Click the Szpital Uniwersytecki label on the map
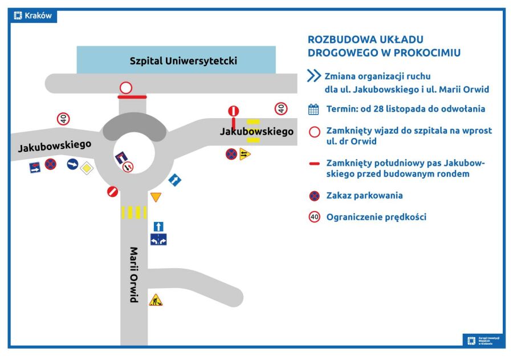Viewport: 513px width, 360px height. coord(183,60)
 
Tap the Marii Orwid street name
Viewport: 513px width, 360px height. coord(135,274)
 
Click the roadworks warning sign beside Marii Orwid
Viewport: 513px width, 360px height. coord(156,300)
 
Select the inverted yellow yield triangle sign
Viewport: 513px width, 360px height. coord(156,197)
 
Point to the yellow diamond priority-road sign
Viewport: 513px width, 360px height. coord(86,168)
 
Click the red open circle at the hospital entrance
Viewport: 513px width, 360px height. coord(126,88)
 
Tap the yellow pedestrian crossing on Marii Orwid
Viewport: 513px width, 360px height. coord(134,212)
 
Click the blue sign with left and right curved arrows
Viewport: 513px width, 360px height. coord(158,240)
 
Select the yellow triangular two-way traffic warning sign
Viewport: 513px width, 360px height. coord(245,154)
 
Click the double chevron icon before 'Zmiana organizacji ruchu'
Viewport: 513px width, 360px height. coord(314,76)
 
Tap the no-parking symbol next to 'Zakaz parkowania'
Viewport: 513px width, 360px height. coord(314,196)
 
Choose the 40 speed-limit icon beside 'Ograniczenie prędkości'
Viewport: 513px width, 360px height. coord(314,217)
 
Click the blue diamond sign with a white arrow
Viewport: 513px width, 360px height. coord(174,180)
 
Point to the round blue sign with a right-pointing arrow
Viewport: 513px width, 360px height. coord(72,164)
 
